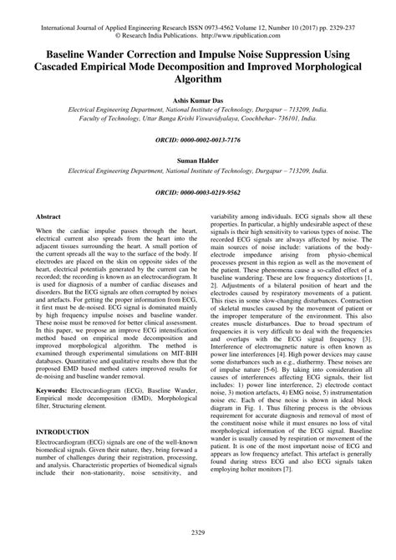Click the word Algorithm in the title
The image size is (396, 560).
click(x=198, y=79)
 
